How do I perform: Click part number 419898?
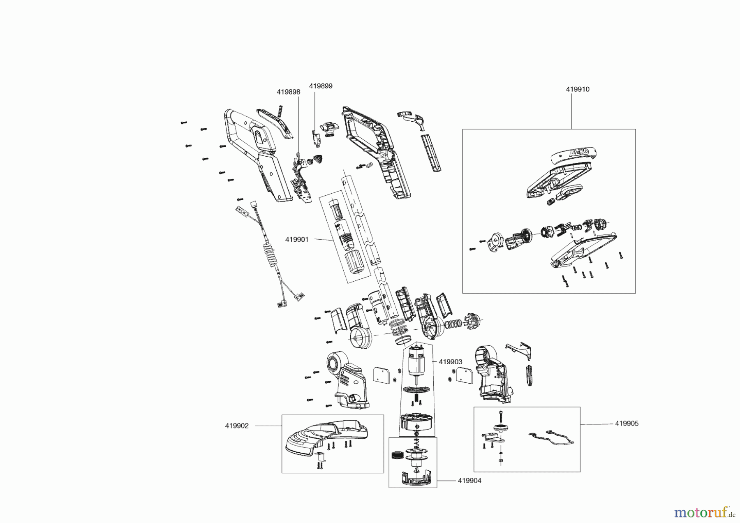(x=288, y=92)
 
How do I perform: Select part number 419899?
(x=321, y=86)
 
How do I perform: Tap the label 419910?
(x=577, y=89)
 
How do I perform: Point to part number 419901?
(x=297, y=239)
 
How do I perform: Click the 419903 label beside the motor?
(x=450, y=362)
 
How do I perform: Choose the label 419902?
(x=237, y=426)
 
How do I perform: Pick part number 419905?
(x=627, y=423)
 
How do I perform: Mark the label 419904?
(x=469, y=481)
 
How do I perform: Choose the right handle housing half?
(x=378, y=156)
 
